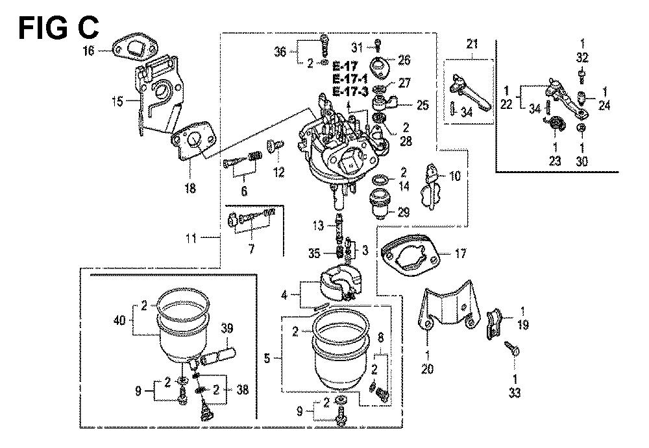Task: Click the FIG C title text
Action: [58, 27]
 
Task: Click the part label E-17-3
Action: [350, 92]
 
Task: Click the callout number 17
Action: [459, 254]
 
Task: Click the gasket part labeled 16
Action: [137, 47]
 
